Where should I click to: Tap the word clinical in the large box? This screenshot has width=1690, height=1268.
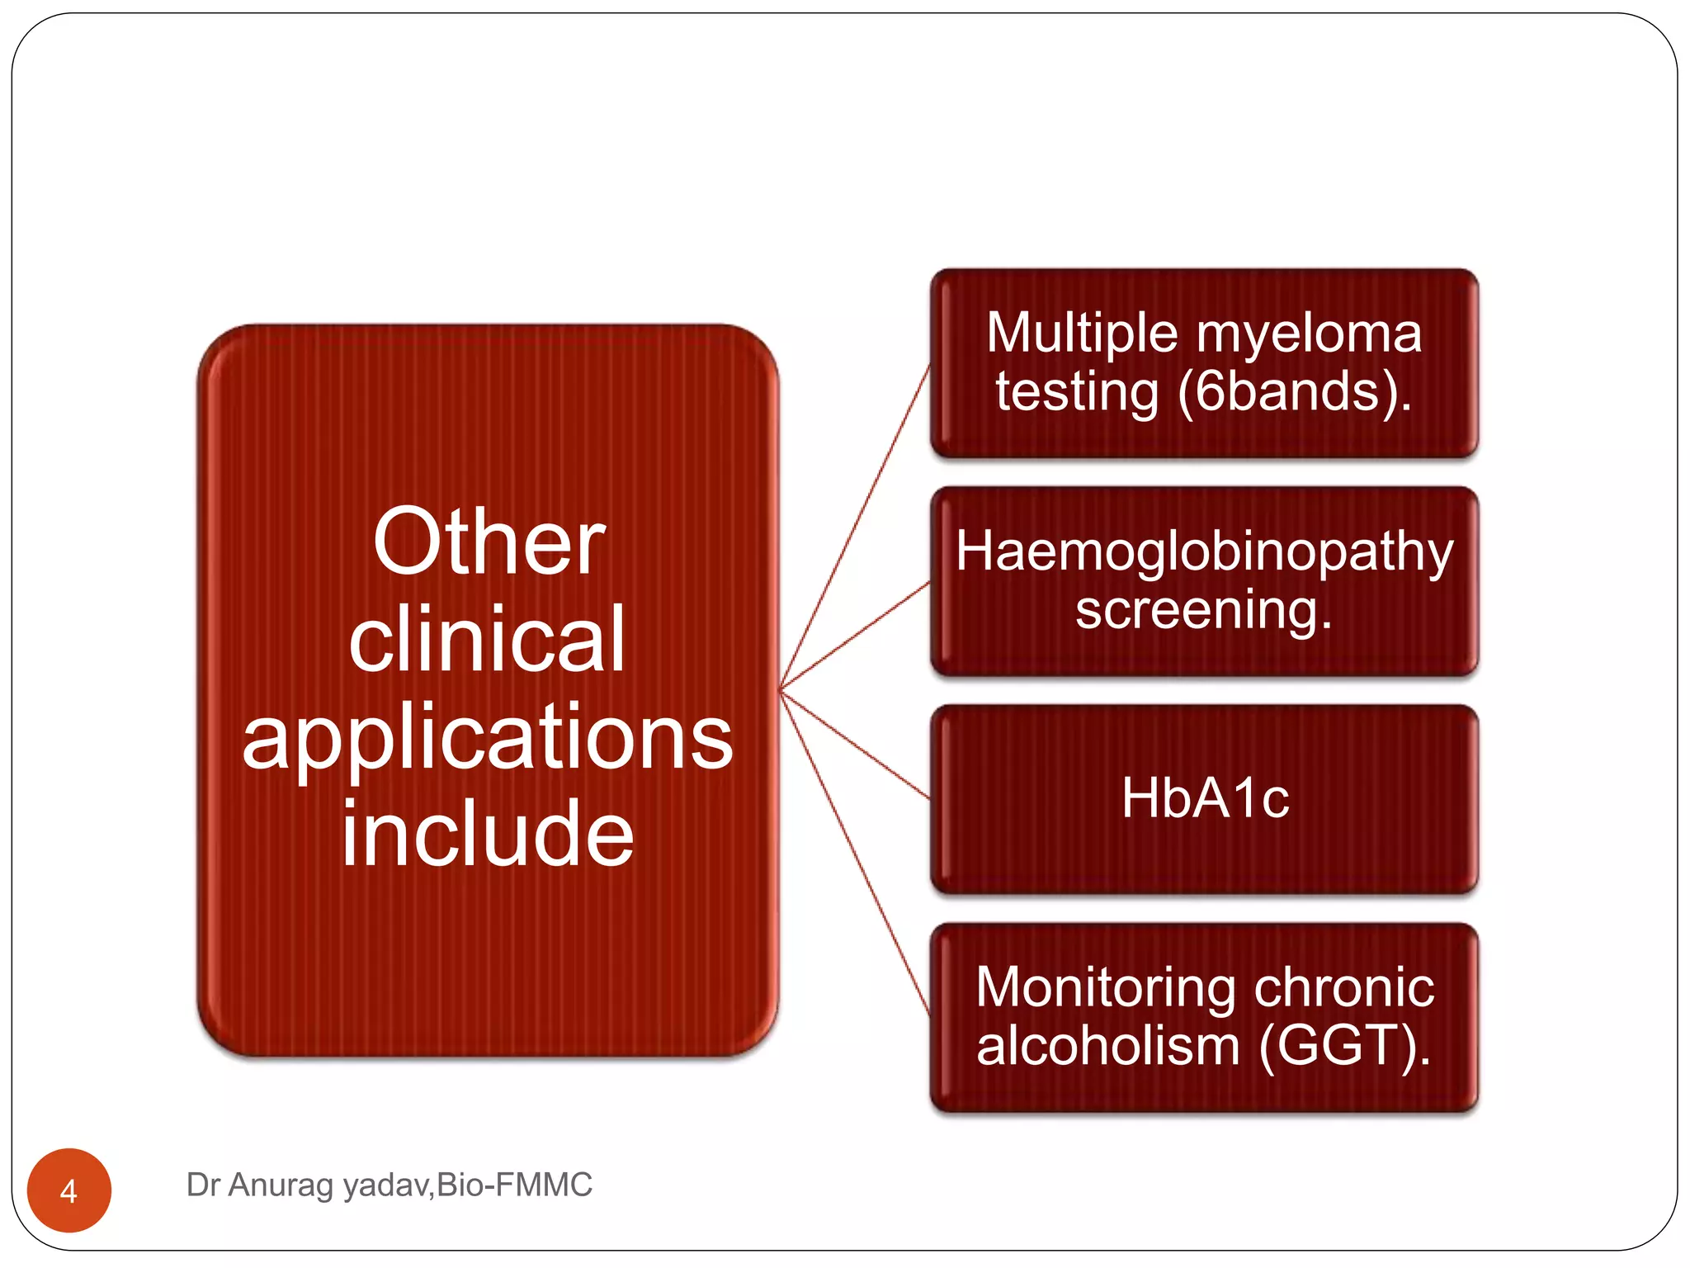(487, 640)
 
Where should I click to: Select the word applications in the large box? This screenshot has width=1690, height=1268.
(487, 737)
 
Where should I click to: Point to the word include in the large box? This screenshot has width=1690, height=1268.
(487, 834)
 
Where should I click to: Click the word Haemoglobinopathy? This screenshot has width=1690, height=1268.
(1204, 551)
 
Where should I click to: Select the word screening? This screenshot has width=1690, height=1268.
(1204, 611)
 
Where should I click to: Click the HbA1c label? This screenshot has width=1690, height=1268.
(1205, 799)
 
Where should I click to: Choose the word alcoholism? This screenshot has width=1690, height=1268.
(1108, 1046)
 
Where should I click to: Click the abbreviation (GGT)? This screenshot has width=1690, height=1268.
(1344, 1046)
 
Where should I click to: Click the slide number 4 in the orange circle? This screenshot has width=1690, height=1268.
(68, 1191)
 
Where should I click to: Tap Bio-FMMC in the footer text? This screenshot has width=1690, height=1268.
(514, 1185)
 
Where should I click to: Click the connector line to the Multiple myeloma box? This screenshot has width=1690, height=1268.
(854, 528)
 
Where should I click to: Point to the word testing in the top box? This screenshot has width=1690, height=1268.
(1077, 391)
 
